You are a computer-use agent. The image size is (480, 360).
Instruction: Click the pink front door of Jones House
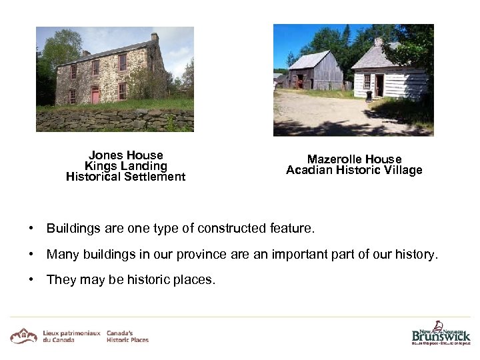[95, 95]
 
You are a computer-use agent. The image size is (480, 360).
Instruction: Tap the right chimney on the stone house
[155, 37]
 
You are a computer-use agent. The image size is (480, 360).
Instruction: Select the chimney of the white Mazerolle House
[379, 42]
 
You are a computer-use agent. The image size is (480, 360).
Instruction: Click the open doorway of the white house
[380, 85]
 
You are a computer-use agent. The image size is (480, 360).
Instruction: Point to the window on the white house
[367, 81]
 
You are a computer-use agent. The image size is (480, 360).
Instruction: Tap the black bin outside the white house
[369, 97]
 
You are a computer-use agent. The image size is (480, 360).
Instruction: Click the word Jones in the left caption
[107, 155]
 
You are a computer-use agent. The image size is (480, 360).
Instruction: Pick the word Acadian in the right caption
[307, 170]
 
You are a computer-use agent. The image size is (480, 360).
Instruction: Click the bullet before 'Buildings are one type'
[31, 229]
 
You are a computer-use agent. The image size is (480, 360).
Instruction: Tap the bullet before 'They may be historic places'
[31, 279]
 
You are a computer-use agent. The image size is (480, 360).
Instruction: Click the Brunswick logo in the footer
[441, 333]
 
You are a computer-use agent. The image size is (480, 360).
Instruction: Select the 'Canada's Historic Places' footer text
[127, 336]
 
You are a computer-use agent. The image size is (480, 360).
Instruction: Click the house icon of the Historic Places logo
[23, 335]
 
